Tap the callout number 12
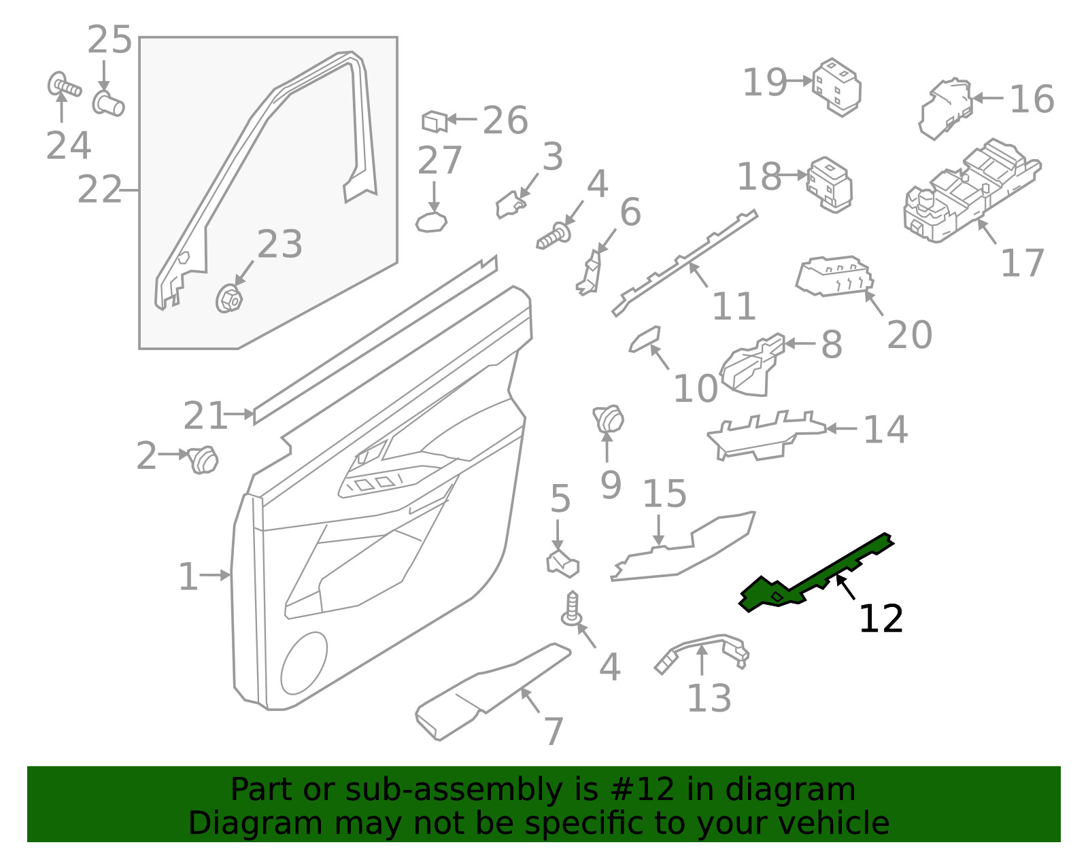point(881,619)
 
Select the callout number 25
point(109,39)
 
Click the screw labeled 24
point(64,86)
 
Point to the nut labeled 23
point(228,298)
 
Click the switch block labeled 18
point(829,185)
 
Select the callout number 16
point(1032,99)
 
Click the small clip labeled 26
point(435,122)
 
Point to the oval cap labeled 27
point(431,222)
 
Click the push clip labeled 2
point(203,460)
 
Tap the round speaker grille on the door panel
point(304,663)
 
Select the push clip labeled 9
point(609,419)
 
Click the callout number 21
point(205,415)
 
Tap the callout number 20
point(909,334)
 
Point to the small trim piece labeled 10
point(645,339)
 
